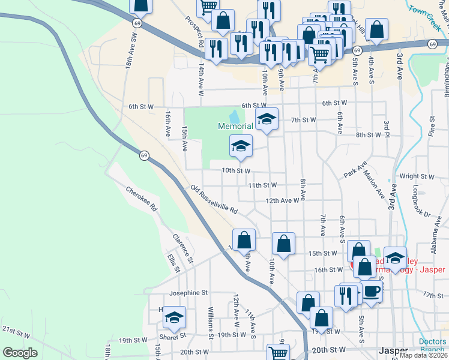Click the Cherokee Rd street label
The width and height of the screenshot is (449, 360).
point(142,200)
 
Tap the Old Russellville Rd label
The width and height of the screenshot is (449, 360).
point(214,200)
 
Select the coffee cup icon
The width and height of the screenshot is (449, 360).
point(371,292)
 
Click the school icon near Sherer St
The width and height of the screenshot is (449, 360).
point(174,317)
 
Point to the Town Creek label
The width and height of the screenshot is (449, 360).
point(425,11)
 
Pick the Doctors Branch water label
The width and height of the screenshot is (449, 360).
point(432,346)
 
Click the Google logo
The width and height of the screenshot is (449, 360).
point(19,352)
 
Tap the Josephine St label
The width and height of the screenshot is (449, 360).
point(188,293)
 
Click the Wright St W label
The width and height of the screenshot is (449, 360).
point(417,176)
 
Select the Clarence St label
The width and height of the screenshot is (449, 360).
point(182,248)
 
